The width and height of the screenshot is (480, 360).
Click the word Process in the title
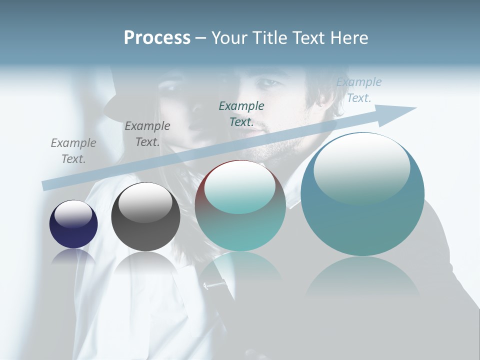point(157,38)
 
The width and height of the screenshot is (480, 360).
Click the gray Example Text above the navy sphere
point(73,151)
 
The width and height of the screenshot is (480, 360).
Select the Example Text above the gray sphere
point(147,134)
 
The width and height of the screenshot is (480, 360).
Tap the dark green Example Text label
point(241,113)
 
